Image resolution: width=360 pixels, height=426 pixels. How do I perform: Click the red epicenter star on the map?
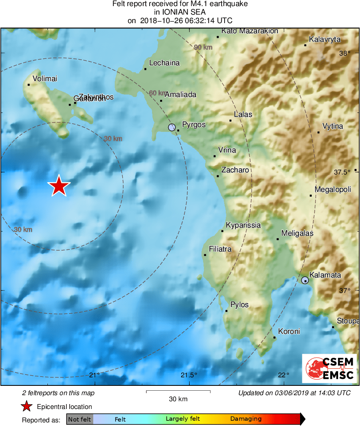point(59,186)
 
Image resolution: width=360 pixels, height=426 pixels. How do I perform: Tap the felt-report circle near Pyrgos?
point(172,127)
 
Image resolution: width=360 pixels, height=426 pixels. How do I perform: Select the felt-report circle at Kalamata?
point(305,280)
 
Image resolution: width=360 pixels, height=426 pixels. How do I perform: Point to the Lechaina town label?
point(164,63)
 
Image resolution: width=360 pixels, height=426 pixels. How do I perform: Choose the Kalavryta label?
point(324,39)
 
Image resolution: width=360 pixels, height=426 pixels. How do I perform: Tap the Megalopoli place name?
point(333,189)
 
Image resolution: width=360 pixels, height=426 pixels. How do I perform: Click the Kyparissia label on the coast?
point(243,225)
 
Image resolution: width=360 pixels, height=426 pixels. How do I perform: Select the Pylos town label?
point(239,305)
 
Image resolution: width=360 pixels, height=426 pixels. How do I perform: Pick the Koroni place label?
point(289,331)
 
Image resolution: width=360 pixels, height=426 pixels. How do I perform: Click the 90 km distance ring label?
point(203,47)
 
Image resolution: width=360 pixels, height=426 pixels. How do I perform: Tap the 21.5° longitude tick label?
point(189,374)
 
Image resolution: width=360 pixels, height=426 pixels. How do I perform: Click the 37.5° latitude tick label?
point(342,172)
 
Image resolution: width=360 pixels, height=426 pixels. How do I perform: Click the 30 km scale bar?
point(178,392)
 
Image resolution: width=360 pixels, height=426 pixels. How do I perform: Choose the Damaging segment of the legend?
point(246,419)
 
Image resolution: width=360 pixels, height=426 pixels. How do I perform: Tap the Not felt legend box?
point(79,419)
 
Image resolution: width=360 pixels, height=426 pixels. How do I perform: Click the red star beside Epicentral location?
point(27,407)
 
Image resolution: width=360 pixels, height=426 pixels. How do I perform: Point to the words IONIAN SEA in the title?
point(180,12)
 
